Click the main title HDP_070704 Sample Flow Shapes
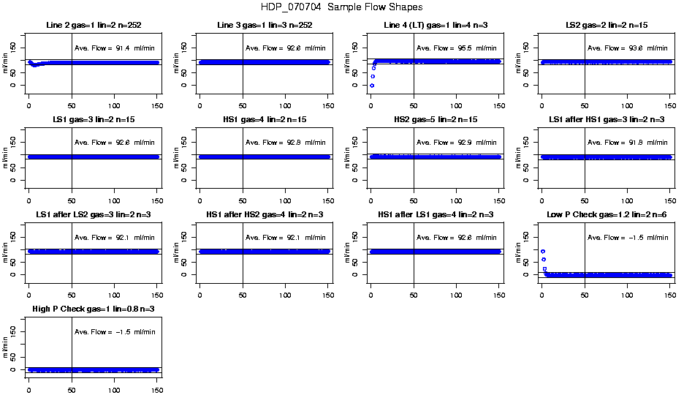[341, 7]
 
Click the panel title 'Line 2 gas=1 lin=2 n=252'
[93, 26]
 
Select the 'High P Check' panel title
[93, 309]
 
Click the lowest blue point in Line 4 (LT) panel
[372, 86]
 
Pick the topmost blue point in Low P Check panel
[543, 252]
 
